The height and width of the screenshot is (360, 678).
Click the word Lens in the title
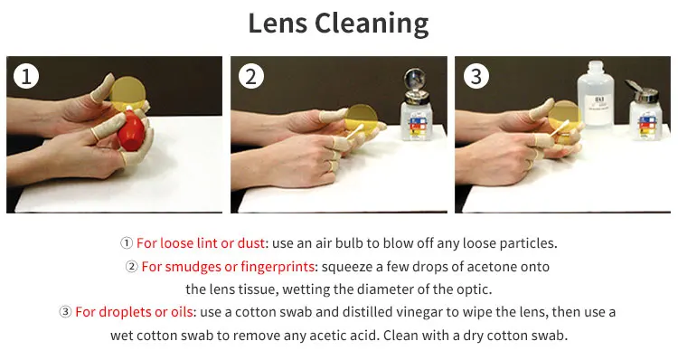[281, 24]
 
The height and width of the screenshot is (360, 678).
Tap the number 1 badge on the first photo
[26, 77]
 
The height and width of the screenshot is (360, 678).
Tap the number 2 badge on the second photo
[250, 77]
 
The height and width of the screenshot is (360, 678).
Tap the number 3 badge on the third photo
[475, 77]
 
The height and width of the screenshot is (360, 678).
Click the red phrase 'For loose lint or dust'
[201, 243]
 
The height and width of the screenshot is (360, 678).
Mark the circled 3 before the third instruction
[65, 312]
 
